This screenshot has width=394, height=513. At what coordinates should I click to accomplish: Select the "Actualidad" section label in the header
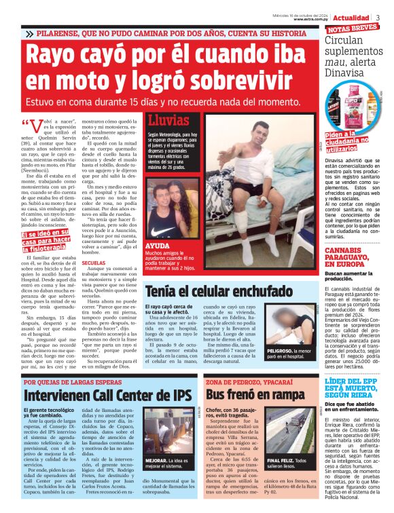click(352, 17)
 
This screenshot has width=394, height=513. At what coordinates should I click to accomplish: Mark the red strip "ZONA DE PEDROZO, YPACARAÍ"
click(245, 381)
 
